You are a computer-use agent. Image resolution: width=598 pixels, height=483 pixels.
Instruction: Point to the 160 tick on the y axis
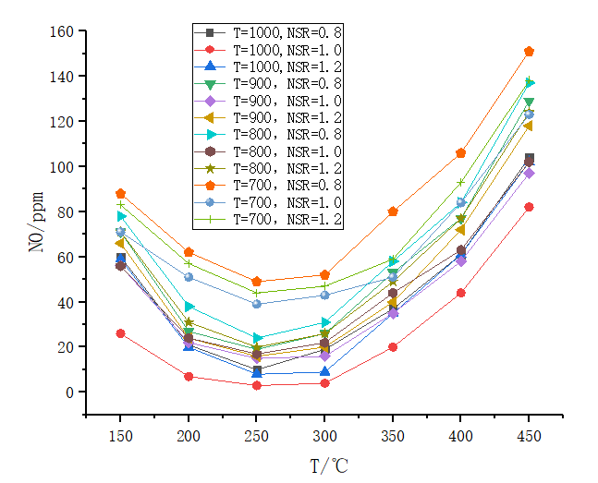tap(62, 30)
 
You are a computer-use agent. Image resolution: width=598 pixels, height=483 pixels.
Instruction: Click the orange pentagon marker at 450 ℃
tap(529, 52)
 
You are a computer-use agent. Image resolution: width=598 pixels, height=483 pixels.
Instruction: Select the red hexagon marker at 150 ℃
tap(120, 333)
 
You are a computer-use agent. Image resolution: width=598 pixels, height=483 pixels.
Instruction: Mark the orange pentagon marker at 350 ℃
tap(393, 211)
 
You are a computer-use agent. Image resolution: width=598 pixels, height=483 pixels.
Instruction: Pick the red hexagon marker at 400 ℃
tap(460, 293)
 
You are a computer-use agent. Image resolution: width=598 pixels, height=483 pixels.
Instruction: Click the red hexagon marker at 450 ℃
tap(529, 207)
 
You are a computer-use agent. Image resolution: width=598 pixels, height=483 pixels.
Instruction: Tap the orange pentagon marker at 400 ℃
tap(460, 153)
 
